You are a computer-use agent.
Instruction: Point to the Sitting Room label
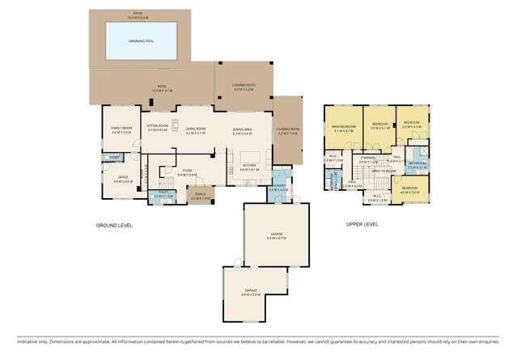click(x=157, y=127)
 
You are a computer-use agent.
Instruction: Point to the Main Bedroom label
click(x=344, y=127)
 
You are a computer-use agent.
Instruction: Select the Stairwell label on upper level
click(x=369, y=159)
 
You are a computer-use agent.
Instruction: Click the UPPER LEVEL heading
click(x=362, y=225)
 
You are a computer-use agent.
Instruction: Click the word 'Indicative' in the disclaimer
click(x=15, y=344)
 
